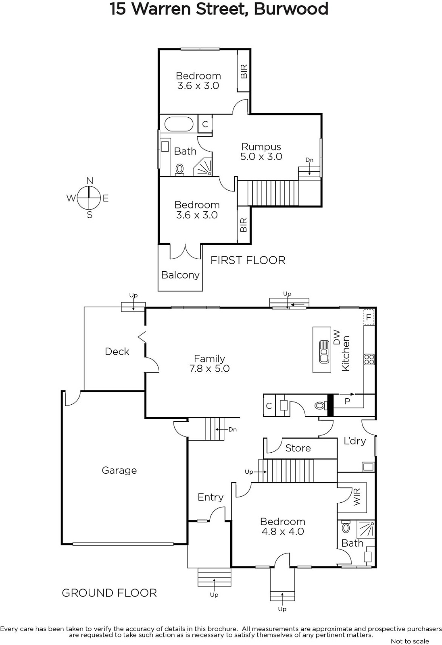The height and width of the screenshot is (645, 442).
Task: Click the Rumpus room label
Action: coord(261,147)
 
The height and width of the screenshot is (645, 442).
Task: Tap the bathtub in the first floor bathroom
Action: coord(179,125)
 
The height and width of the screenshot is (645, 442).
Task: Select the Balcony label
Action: coord(180,275)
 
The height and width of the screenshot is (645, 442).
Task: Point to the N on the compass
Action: coord(90,181)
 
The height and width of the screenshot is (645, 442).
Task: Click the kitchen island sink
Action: coord(324,351)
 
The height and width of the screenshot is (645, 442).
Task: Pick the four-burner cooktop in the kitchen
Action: coord(369,359)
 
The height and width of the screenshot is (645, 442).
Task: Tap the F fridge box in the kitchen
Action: coord(369,317)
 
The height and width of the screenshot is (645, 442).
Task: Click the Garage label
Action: coord(119,471)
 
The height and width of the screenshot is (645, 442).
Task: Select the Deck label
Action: coord(117,351)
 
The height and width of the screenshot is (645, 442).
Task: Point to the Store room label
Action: coord(298,448)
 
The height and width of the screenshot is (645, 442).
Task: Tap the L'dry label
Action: coord(355,441)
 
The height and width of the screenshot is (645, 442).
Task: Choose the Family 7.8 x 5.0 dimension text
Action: coord(209,368)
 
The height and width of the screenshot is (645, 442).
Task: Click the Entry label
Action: coord(211,497)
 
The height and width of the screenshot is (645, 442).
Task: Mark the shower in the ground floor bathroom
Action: coord(366,530)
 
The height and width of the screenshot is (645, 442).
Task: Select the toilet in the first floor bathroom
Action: coord(180,170)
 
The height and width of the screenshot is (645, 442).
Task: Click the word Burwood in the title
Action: coord(291,9)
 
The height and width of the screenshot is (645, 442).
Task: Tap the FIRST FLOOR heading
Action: coord(248,260)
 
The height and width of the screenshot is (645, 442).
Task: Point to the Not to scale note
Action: coord(410,641)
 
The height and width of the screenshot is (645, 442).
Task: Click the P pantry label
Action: coord(347,401)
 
